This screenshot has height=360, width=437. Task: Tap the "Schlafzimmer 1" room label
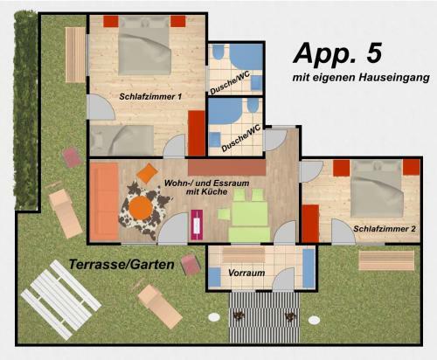tap(150, 97)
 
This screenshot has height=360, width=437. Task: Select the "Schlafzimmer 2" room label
tap(385, 229)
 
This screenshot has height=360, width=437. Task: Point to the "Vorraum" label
tap(246, 273)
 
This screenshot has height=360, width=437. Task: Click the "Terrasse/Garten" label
tap(121, 265)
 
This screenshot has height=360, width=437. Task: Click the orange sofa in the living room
tap(104, 202)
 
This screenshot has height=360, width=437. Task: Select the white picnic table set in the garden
tap(60, 300)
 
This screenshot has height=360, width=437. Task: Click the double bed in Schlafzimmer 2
tap(377, 189)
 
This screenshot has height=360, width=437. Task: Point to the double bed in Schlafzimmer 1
tap(144, 45)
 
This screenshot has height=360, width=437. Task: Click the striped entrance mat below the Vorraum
tap(264, 317)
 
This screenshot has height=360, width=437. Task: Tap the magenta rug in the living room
tap(197, 225)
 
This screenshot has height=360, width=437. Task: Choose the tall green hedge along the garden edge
tap(26, 110)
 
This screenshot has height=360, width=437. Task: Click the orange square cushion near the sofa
tap(148, 173)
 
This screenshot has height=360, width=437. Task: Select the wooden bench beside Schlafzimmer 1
tap(75, 55)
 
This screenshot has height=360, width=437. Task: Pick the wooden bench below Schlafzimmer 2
tap(386, 260)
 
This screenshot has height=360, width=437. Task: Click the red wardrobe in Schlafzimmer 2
tap(310, 224)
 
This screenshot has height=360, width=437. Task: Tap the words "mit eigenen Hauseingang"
tap(361, 78)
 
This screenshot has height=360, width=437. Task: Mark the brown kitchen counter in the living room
tap(227, 168)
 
